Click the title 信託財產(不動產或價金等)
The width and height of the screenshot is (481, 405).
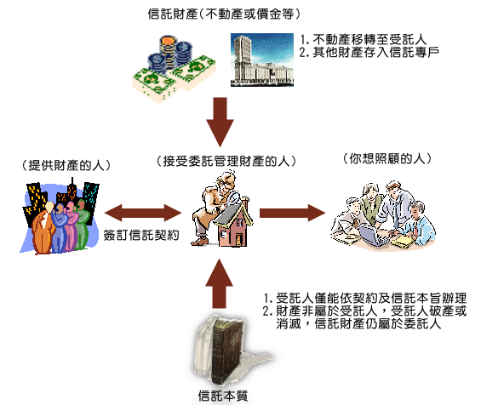224,14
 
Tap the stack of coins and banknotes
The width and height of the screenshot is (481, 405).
174,68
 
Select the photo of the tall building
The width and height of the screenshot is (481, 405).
262,60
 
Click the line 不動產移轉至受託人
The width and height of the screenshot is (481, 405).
363,39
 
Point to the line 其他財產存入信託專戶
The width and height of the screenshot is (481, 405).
369,52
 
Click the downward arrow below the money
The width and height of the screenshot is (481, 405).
220,122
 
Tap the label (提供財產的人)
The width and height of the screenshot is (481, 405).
66,165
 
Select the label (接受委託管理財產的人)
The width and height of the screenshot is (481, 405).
226,161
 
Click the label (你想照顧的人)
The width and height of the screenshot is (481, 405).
387,158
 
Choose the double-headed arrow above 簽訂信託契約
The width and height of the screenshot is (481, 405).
143,213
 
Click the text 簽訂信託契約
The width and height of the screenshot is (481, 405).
141,235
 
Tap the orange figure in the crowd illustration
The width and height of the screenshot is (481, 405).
43,228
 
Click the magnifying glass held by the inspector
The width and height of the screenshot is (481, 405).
233,197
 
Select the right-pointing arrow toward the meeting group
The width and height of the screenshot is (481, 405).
292,213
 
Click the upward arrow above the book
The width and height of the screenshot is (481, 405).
219,283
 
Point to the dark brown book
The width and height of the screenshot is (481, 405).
226,350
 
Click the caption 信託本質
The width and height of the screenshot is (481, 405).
223,396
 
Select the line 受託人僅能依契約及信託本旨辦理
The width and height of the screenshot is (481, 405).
365,298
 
